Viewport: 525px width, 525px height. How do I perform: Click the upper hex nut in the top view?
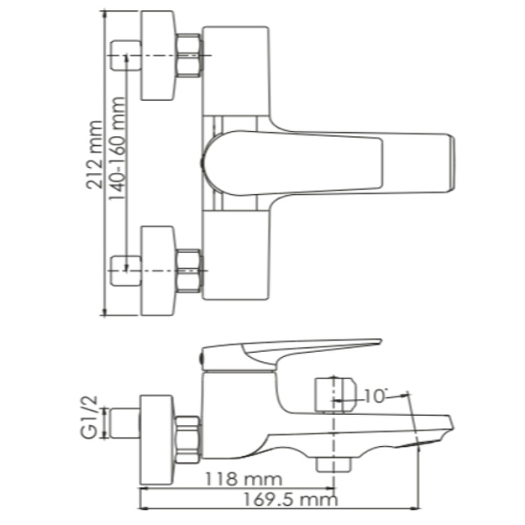188,55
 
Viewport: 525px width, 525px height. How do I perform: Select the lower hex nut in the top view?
188,271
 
